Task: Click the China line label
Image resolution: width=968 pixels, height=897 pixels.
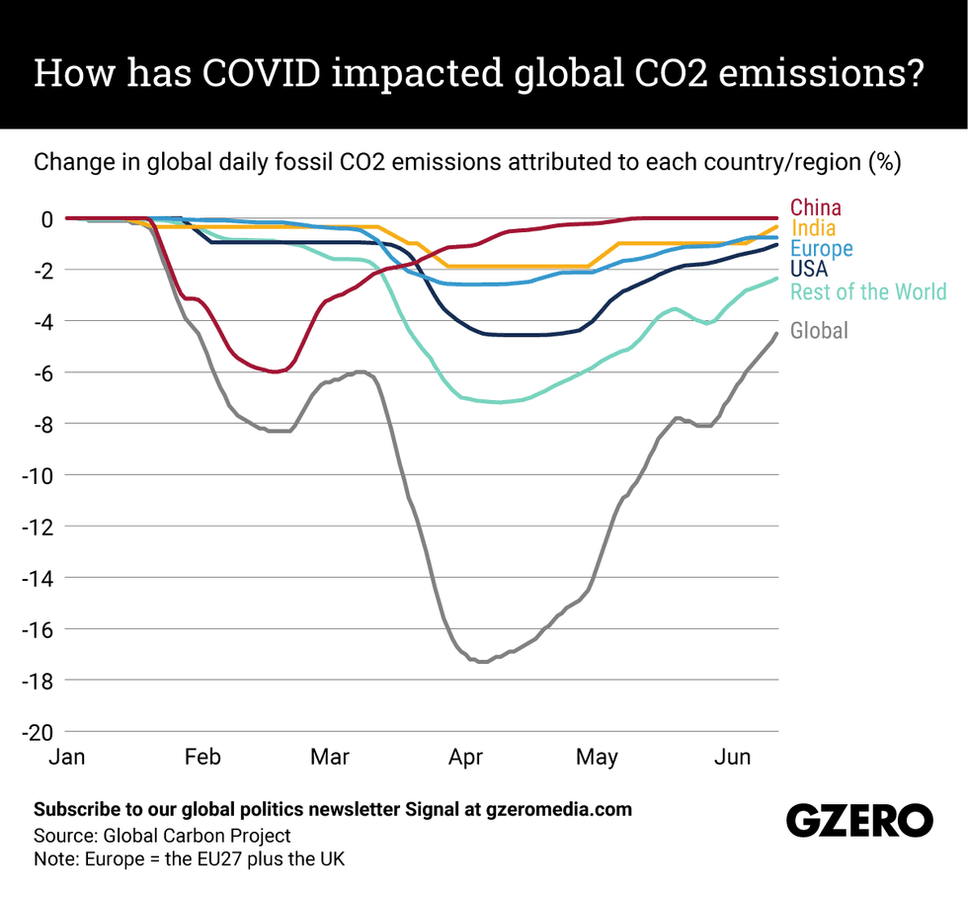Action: [x=816, y=207]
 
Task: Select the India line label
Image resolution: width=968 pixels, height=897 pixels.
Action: [x=813, y=229]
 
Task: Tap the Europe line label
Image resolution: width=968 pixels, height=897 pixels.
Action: [x=821, y=249]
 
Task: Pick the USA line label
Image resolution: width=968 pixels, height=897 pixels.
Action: [x=809, y=269]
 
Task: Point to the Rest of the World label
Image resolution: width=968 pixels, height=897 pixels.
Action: [x=867, y=291]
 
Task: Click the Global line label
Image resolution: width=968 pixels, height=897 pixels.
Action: [x=819, y=331]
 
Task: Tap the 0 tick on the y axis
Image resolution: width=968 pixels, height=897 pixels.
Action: [x=45, y=218]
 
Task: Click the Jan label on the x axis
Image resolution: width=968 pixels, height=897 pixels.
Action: [x=66, y=758]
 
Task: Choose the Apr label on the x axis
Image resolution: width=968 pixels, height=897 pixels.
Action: [x=465, y=758]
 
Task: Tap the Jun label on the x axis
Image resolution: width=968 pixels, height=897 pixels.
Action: [x=732, y=758]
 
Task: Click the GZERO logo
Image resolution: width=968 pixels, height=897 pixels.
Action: [x=858, y=821]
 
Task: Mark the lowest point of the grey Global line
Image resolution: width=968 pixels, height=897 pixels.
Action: [x=482, y=662]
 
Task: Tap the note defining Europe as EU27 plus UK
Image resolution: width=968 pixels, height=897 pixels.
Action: [x=188, y=859]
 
